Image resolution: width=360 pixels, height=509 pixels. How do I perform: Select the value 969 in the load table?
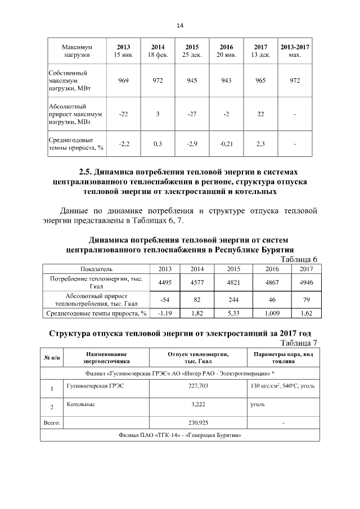[124, 81]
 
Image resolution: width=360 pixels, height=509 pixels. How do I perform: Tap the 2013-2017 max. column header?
[294, 51]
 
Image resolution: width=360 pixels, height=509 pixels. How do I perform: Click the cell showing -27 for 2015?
[192, 115]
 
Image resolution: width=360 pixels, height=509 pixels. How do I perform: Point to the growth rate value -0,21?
[226, 145]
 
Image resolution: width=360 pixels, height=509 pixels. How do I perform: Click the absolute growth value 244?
[233, 300]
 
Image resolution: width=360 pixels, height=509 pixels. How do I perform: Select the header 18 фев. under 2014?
[157, 55]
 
